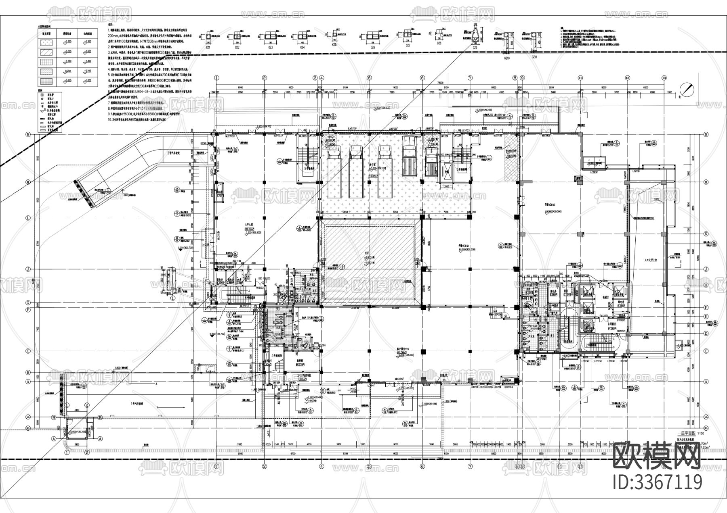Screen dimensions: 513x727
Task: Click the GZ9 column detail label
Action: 475,48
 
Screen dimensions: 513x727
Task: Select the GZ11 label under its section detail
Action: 534,58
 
